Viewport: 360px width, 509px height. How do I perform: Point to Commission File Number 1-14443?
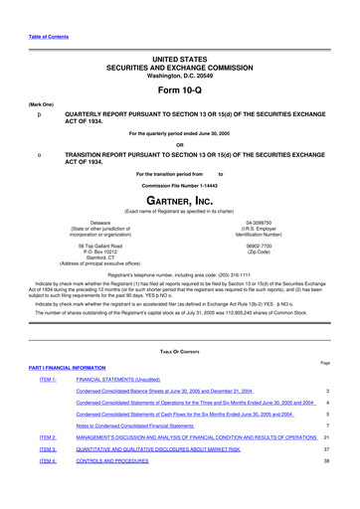click(x=180, y=186)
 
